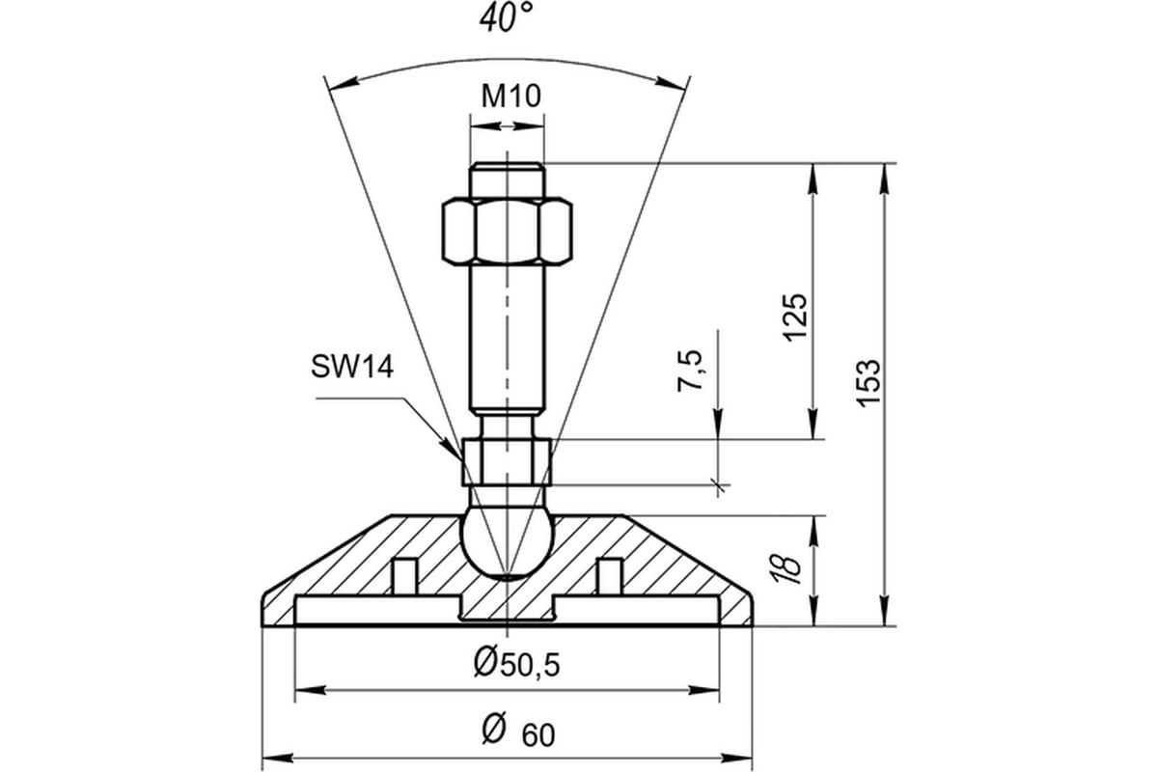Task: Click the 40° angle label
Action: coord(505,18)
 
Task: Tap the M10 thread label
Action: coord(510,96)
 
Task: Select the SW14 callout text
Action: coord(352,367)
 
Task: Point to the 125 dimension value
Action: coord(794,317)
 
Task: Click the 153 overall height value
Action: coord(868,383)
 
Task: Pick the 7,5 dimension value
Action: coord(691,371)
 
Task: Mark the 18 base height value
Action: coord(786,569)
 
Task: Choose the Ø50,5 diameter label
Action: coord(516,664)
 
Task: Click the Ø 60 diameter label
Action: coord(518,731)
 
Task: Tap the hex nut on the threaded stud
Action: coord(508,231)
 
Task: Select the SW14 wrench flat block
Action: coord(508,461)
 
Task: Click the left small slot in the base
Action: coord(404,576)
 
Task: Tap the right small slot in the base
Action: coord(610,576)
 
